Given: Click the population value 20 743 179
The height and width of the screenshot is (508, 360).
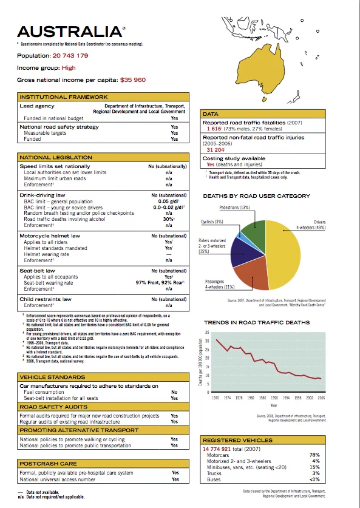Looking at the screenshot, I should (70, 56).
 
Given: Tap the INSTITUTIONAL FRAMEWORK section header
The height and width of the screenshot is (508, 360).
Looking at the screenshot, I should (64, 97).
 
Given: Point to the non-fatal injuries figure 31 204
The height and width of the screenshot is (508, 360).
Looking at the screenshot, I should (216, 149).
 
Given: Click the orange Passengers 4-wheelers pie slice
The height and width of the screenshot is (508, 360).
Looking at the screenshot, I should (251, 276).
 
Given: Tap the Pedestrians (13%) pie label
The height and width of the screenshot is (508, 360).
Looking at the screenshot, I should (234, 208).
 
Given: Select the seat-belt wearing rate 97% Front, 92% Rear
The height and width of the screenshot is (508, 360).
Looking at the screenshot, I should (161, 283).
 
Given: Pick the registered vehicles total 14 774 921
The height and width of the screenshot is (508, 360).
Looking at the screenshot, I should (223, 448).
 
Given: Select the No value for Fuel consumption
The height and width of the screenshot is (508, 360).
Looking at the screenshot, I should (175, 392).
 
